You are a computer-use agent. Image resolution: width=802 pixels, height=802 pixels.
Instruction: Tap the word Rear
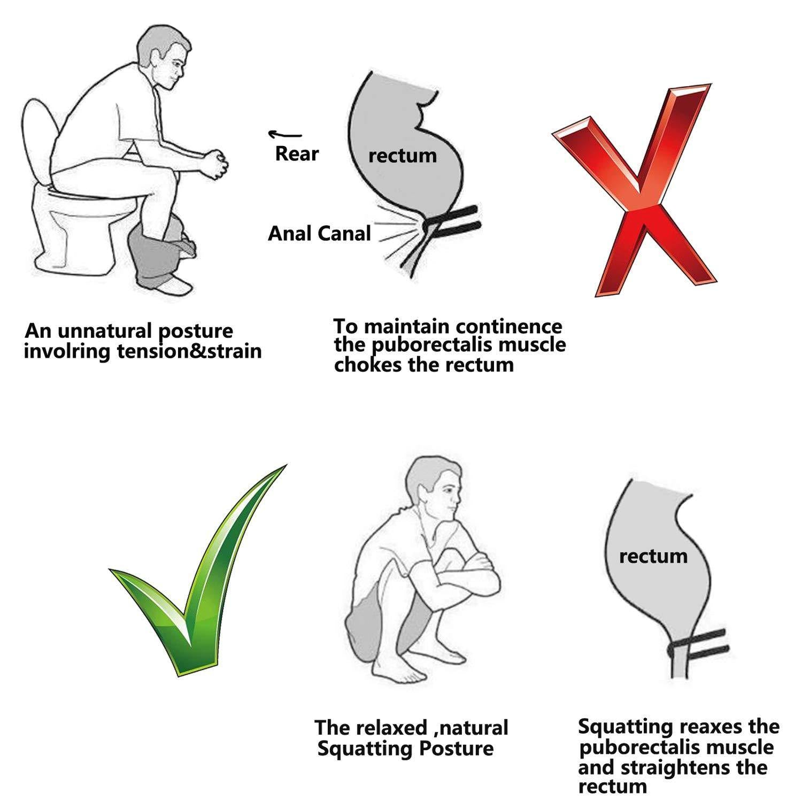tap(296, 154)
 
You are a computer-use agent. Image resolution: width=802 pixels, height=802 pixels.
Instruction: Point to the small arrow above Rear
tap(284, 134)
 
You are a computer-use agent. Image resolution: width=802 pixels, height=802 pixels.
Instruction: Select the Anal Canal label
tap(319, 234)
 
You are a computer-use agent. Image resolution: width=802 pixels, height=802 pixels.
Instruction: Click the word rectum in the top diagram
tap(402, 156)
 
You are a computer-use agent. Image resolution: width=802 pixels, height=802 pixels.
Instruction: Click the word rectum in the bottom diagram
tap(653, 556)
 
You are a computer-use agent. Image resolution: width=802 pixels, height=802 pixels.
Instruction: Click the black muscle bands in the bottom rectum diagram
tap(700, 644)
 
